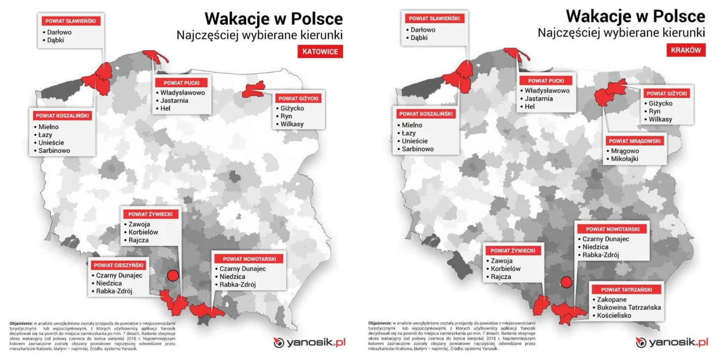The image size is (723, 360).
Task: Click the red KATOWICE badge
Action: pyautogui.click(x=320, y=52)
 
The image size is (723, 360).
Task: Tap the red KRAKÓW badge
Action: pyautogui.click(x=686, y=50)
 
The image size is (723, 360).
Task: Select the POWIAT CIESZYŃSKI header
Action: pyautogui.click(x=119, y=265)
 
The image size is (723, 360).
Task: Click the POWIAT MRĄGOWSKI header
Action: pyautogui.click(x=635, y=140)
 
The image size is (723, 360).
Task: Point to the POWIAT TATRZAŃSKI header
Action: pyautogui.click(x=626, y=289)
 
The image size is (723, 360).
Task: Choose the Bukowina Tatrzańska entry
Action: pyautogui.click(x=628, y=307)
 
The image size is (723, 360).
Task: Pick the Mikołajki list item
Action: pyautogui.click(x=624, y=159)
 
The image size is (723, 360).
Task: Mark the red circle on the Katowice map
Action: pyautogui.click(x=173, y=275)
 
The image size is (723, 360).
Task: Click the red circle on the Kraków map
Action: pyautogui.click(x=567, y=282)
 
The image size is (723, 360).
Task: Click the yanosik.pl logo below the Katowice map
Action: pyautogui.click(x=309, y=342)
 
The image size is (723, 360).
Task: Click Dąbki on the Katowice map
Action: pyautogui.click(x=55, y=40)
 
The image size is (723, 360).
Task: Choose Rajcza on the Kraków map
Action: pyautogui.click(x=501, y=277)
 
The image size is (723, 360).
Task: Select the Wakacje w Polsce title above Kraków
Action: pyautogui.click(x=635, y=16)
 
